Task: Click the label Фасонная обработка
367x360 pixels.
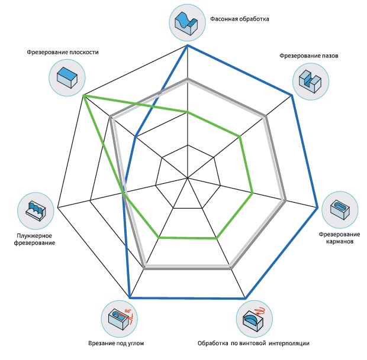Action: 240,19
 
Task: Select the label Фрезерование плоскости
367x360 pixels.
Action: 62,52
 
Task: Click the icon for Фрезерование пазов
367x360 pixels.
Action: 310,78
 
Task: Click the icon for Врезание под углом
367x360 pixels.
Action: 119,318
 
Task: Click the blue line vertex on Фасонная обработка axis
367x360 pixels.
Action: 188,46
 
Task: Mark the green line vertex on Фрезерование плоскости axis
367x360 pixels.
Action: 84,95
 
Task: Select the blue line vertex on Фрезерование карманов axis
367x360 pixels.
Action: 318,207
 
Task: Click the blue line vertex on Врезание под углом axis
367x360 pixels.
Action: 130,297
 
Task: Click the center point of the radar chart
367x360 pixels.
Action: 188,177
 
